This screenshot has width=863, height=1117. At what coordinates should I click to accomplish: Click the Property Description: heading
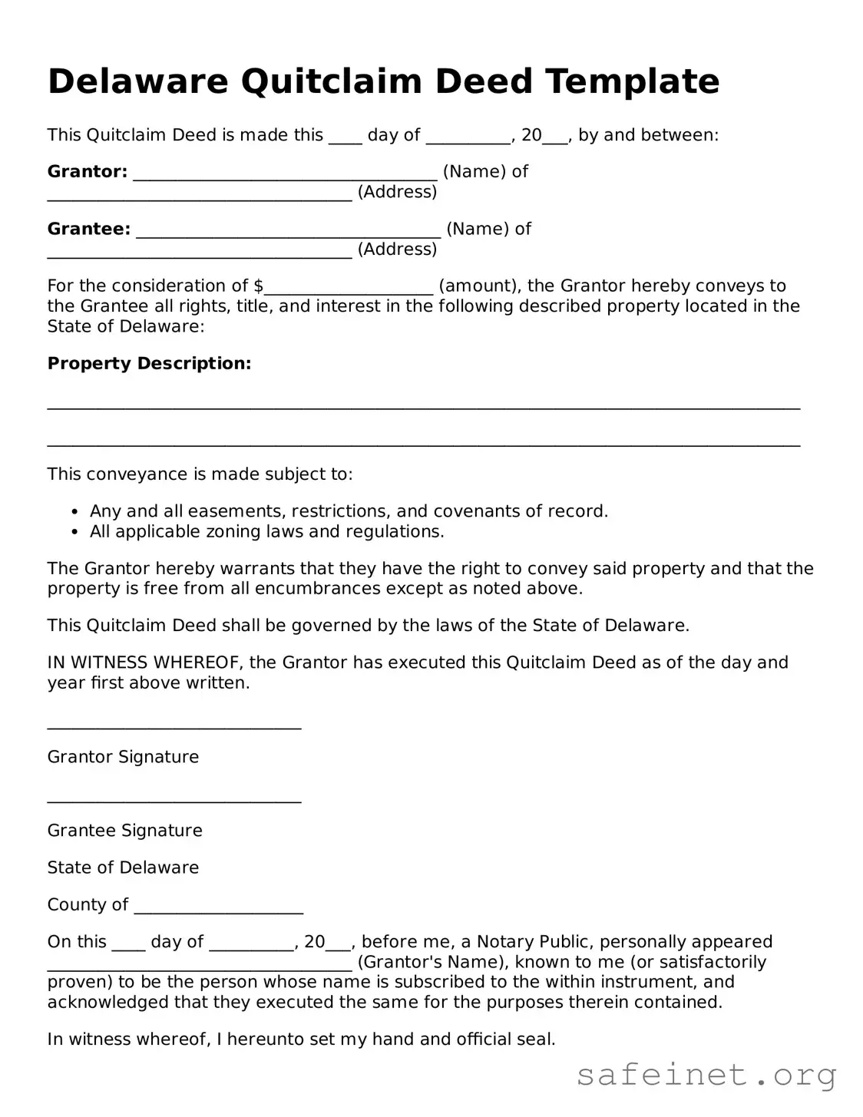click(149, 363)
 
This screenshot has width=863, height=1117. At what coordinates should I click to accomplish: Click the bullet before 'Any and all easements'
click(74, 512)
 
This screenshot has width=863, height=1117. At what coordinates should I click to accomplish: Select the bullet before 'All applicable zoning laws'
click(74, 532)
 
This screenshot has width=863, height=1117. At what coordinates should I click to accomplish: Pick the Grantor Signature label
click(123, 757)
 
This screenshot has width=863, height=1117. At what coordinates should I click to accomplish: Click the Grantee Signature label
click(124, 831)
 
